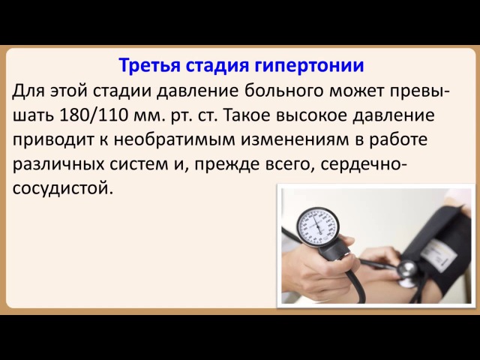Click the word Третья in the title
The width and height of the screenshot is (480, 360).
(149, 65)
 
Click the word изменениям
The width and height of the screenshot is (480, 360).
(294, 140)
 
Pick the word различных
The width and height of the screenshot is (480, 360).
(58, 165)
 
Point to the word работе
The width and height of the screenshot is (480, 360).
(397, 139)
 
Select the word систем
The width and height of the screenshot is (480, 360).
(139, 165)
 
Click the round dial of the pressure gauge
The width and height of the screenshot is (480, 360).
(317, 227)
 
